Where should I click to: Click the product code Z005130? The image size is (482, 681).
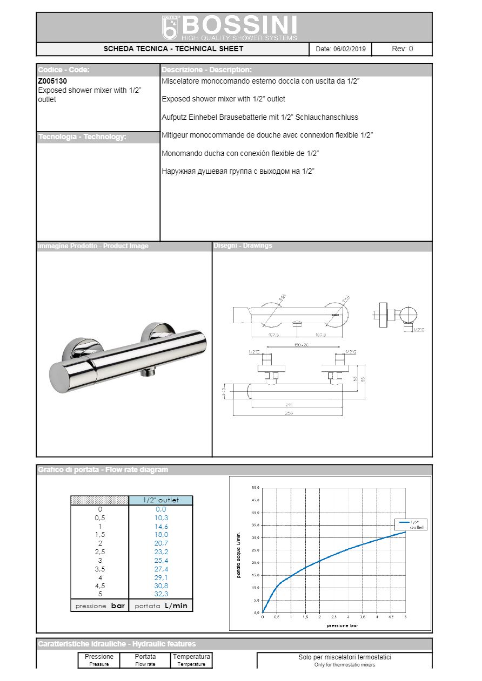[52, 81]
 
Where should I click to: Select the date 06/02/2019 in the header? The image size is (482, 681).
[350, 49]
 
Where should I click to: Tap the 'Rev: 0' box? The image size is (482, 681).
[402, 49]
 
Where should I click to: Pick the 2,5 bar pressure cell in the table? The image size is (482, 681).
[99, 552]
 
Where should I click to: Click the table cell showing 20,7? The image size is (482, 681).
[160, 543]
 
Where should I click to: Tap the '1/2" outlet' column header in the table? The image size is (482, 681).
[160, 500]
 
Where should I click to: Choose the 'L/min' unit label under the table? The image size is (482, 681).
[176, 606]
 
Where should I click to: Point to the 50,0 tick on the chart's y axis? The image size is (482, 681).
[255, 488]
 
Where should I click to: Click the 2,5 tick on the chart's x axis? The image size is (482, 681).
[334, 617]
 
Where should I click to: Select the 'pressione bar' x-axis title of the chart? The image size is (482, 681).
[342, 625]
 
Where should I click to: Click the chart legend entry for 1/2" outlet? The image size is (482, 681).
[411, 525]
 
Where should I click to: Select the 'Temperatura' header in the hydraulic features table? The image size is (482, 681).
[191, 657]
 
